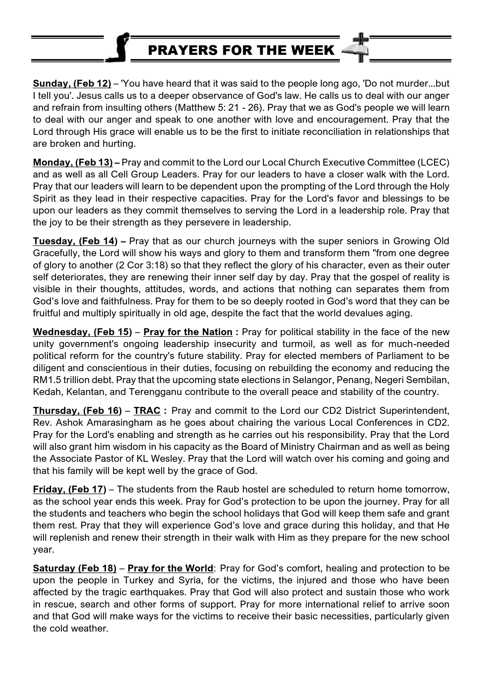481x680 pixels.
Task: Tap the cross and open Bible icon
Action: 356,48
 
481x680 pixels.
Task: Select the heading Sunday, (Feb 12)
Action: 72,84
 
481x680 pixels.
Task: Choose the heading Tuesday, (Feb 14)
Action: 75,241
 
